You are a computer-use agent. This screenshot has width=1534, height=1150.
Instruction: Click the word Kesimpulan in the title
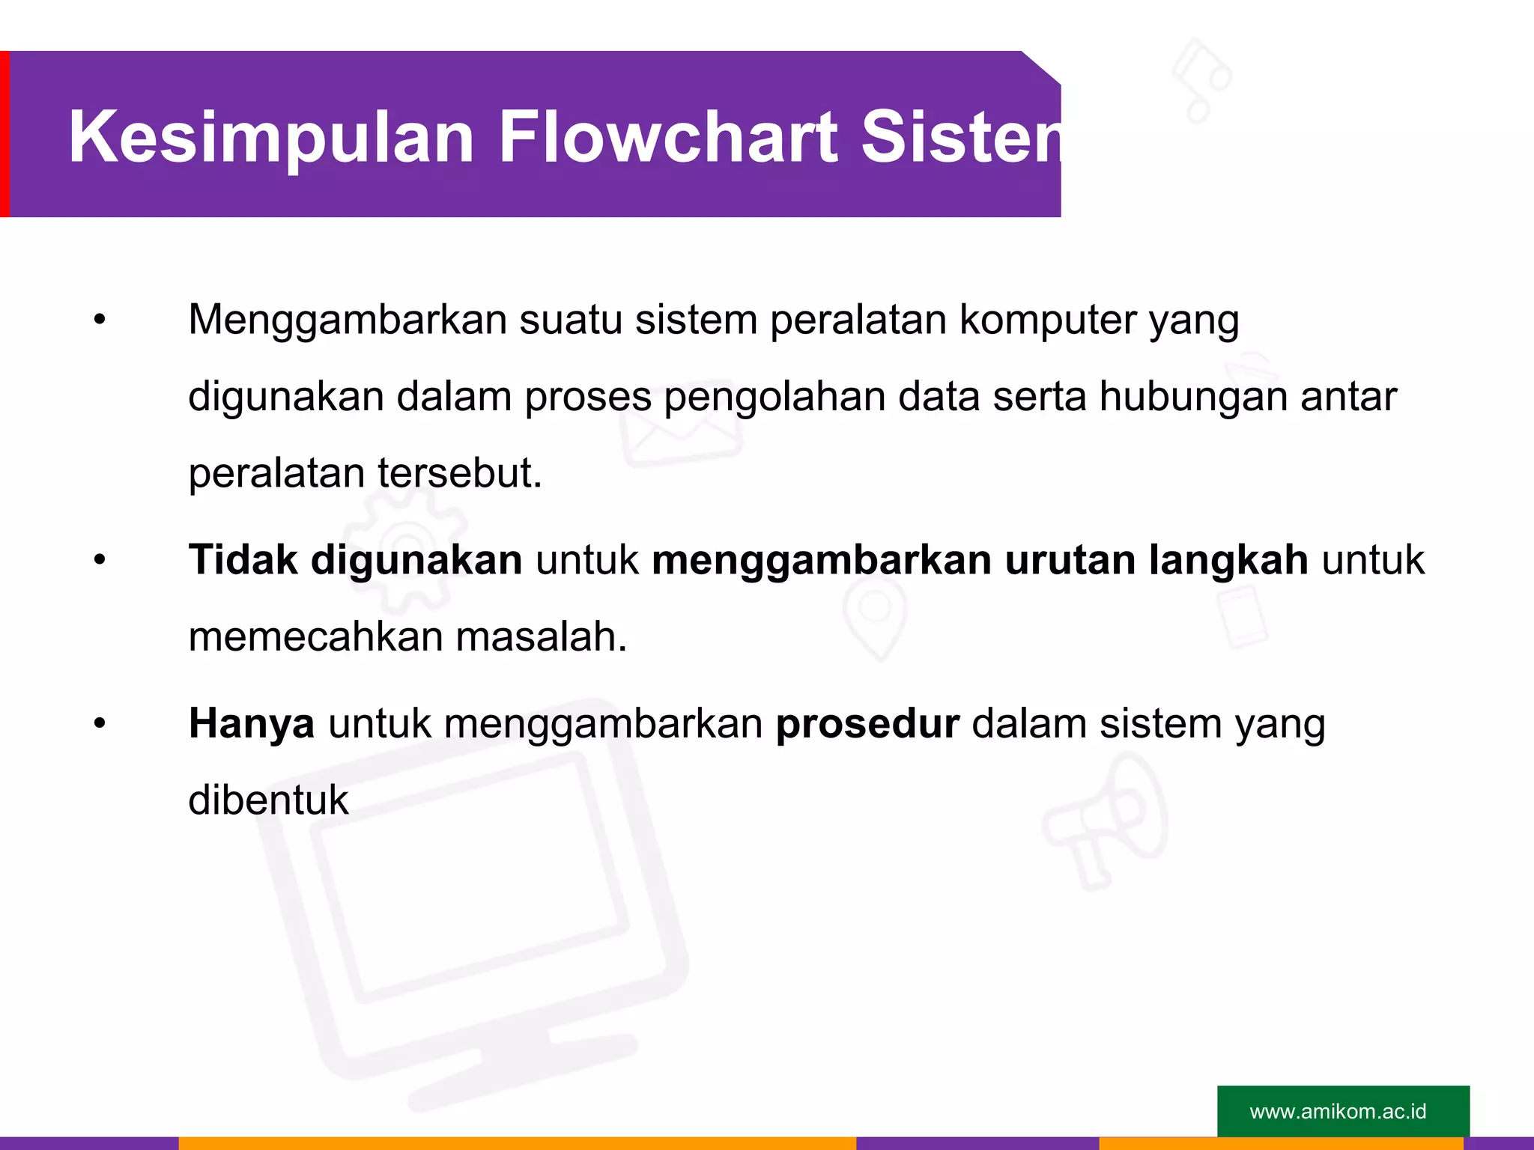271,138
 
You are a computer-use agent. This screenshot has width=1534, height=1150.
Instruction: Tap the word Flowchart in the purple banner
667,136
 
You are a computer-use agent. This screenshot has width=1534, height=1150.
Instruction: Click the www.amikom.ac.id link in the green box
1338,1111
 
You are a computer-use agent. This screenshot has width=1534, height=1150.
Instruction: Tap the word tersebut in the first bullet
459,473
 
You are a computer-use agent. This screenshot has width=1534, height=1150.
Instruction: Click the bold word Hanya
251,725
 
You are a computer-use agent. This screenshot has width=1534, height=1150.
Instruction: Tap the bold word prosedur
867,725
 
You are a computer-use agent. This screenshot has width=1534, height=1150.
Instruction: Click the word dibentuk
268,800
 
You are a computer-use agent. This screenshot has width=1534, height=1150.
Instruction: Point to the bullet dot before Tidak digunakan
100,560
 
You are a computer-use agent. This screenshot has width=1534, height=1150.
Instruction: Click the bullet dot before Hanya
100,724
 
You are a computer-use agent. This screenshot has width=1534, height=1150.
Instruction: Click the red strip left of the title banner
4,134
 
